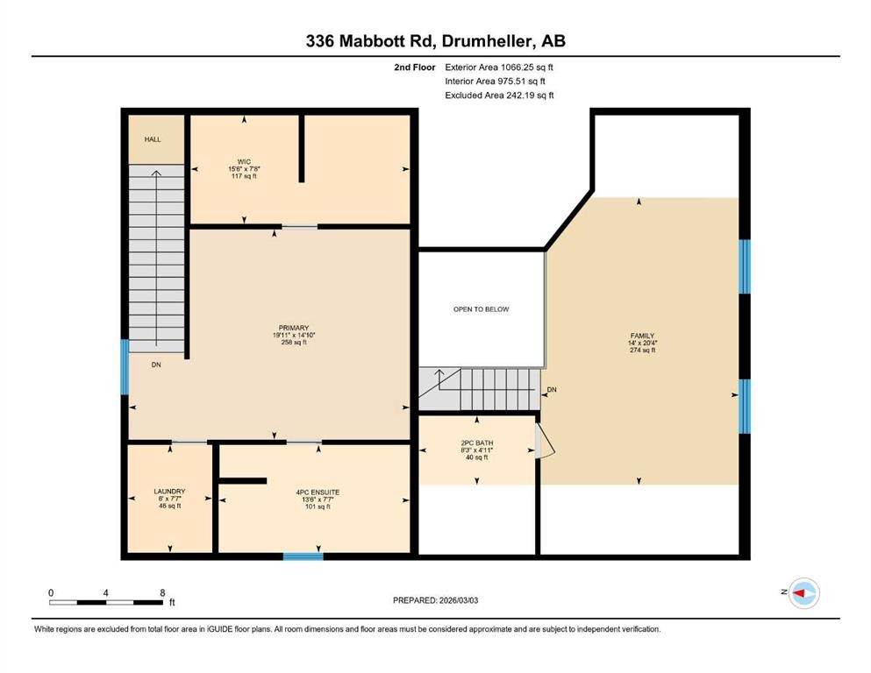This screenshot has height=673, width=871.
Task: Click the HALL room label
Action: tap(153, 139)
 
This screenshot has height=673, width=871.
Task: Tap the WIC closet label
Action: tap(244, 161)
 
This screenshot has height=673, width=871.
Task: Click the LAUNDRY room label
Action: tap(169, 492)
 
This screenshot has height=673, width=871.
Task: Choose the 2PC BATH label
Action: tap(477, 442)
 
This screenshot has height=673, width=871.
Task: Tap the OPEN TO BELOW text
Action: tap(481, 309)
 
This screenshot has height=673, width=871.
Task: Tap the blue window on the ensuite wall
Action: tap(303, 556)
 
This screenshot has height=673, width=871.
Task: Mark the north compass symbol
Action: tap(803, 594)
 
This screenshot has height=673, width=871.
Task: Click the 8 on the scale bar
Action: tap(161, 592)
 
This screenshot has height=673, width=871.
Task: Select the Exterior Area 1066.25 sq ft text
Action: tap(499, 67)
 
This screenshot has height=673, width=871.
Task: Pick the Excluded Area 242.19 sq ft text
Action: tap(499, 96)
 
